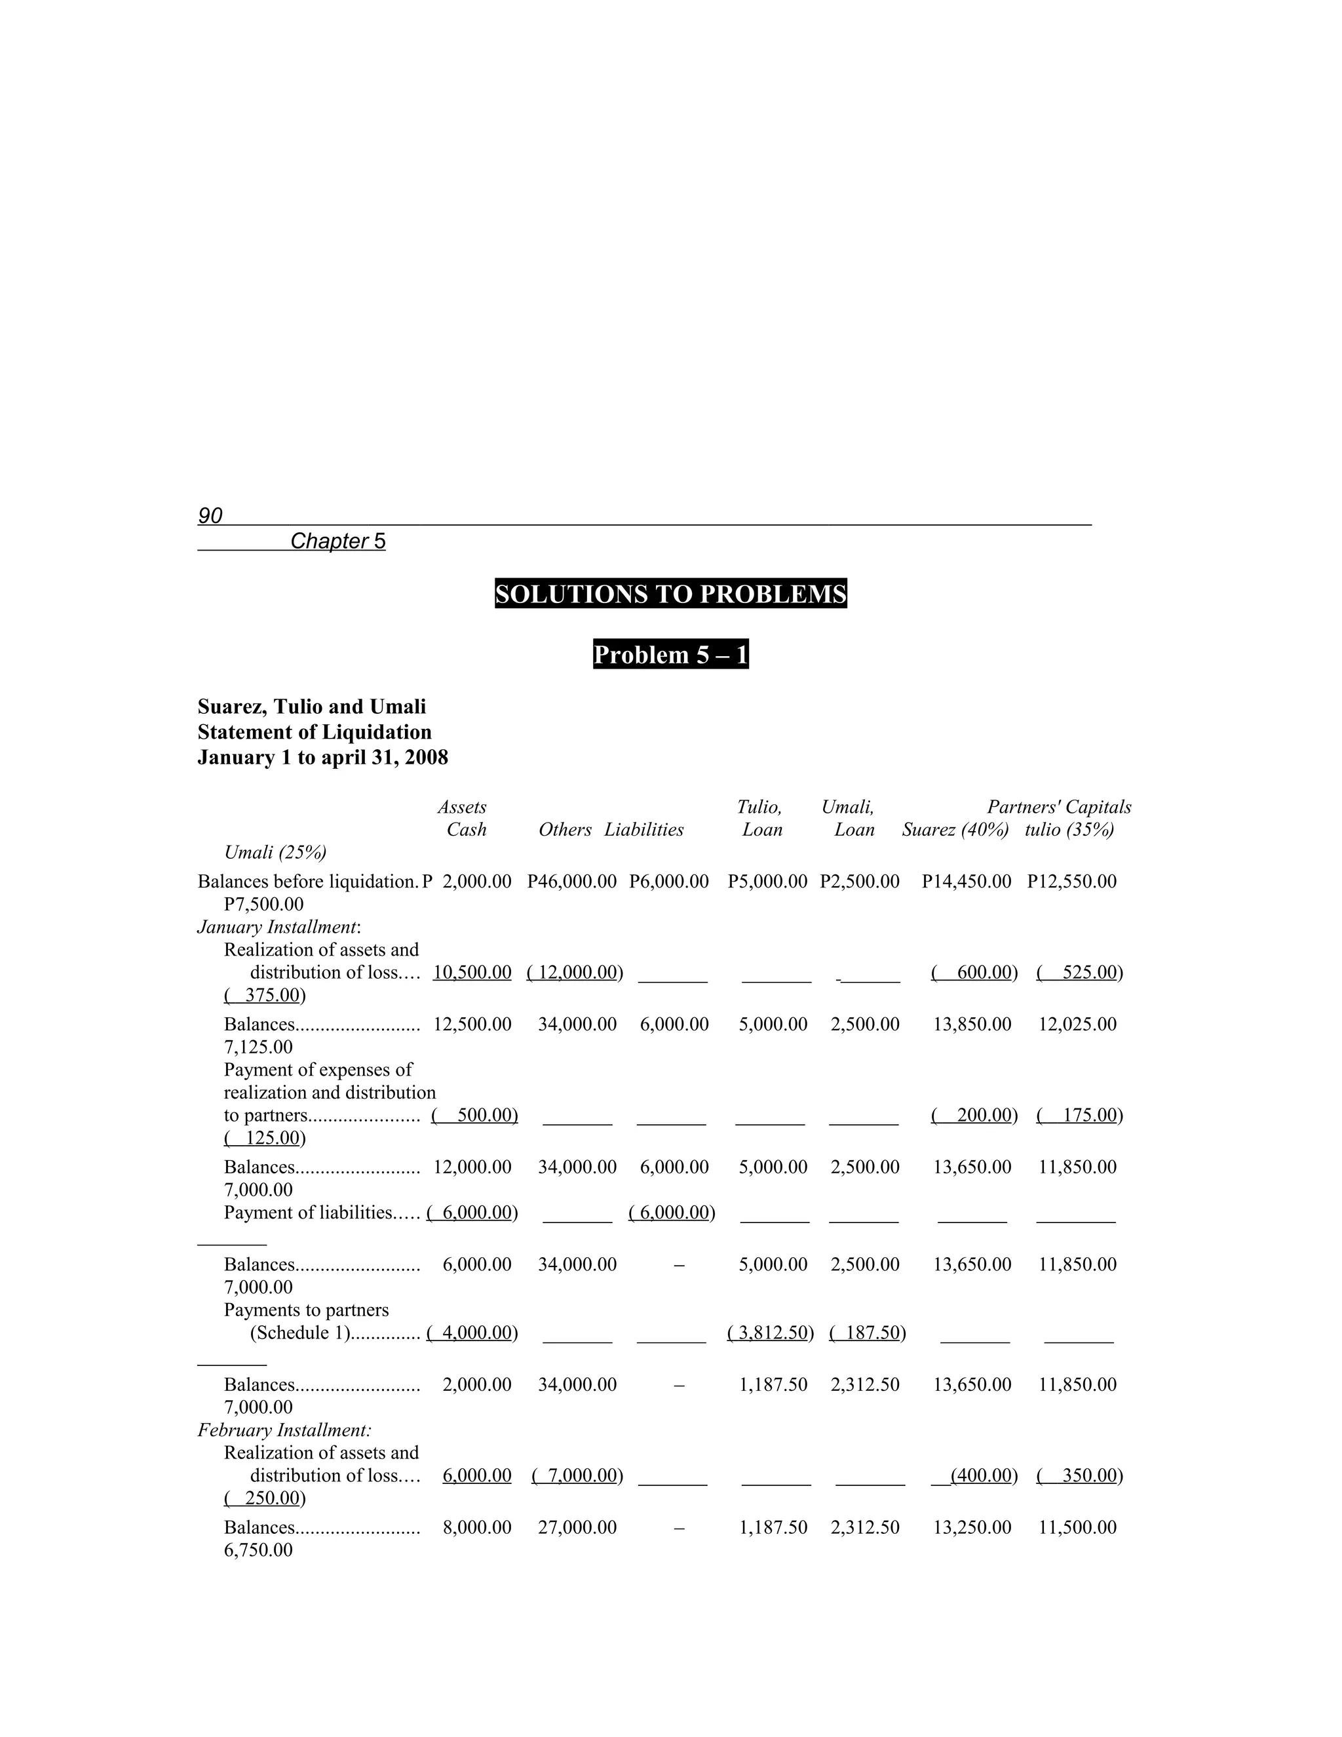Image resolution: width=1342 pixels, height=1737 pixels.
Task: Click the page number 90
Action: (x=210, y=516)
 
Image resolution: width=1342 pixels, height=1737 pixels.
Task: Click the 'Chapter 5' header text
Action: (x=338, y=541)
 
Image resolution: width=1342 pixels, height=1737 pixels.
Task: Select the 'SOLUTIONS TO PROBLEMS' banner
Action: (x=670, y=594)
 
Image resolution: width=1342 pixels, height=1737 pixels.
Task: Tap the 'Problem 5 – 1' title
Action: (x=670, y=655)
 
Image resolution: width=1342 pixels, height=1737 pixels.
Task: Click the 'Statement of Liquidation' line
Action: (x=314, y=732)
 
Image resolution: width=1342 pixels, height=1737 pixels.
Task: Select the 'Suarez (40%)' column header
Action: (x=955, y=830)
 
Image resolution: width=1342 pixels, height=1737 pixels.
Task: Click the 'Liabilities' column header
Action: (x=643, y=830)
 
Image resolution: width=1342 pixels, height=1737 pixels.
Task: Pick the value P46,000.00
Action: (x=571, y=881)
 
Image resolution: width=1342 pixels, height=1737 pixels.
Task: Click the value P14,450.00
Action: (x=966, y=881)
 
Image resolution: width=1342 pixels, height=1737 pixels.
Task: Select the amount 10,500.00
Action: (x=472, y=972)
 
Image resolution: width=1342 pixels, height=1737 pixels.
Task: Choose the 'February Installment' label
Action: (x=284, y=1430)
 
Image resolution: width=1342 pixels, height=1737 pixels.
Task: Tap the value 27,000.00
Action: (x=577, y=1527)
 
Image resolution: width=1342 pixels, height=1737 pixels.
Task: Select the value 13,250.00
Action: (x=972, y=1527)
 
